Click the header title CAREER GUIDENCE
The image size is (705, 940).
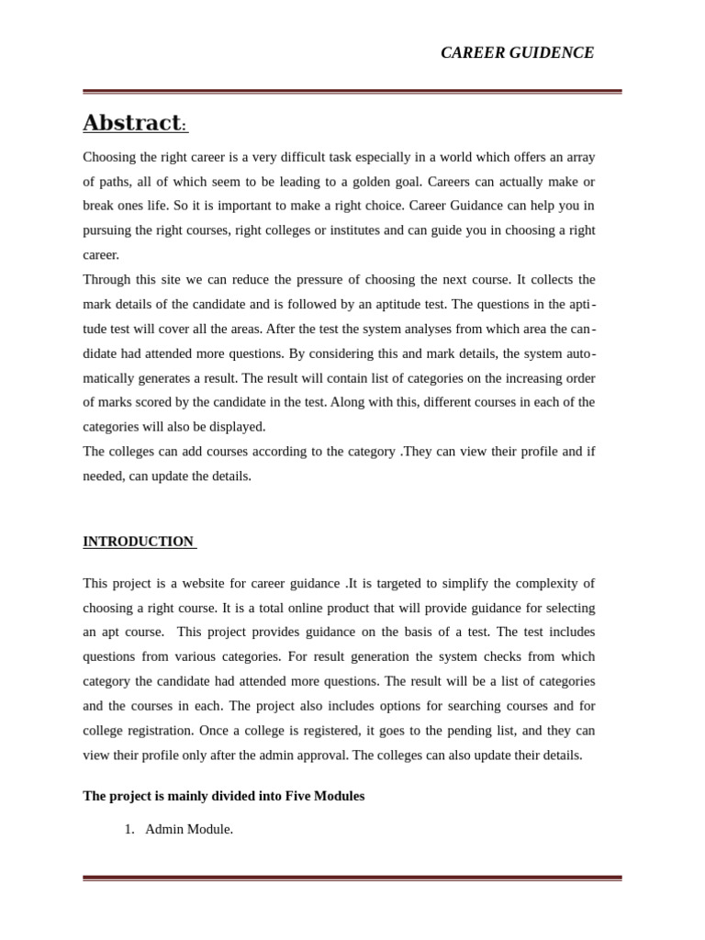[517, 52]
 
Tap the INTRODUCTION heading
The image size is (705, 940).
[139, 542]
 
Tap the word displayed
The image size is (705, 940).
[238, 426]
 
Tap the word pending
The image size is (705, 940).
[490, 730]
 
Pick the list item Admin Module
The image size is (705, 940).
[189, 829]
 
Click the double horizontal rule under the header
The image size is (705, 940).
[352, 92]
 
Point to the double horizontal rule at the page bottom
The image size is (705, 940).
[352, 878]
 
